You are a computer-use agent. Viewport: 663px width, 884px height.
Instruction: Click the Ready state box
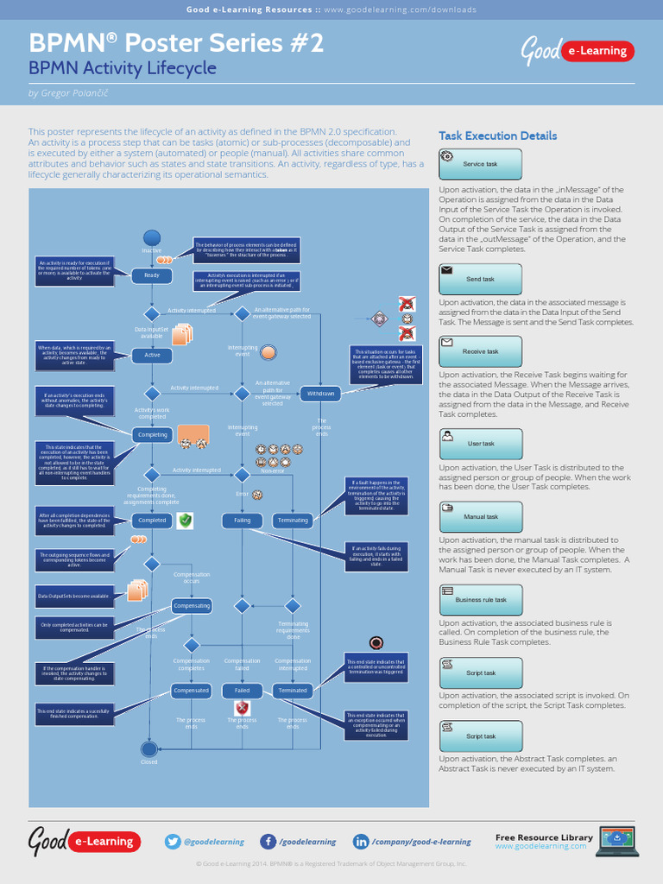point(152,275)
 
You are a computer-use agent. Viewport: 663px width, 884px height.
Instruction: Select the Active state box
point(152,355)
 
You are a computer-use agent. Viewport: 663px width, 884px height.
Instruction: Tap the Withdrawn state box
point(320,394)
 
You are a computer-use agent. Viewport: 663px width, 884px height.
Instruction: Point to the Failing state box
point(243,521)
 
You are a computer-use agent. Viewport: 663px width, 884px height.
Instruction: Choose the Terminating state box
point(293,521)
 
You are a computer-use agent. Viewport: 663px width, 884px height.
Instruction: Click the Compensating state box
point(191,606)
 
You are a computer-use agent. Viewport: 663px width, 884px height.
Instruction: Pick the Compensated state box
point(191,691)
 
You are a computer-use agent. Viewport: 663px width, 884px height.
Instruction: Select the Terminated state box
point(293,691)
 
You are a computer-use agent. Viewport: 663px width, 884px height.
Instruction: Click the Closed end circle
point(149,749)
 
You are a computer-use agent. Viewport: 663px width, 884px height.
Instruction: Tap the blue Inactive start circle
point(152,237)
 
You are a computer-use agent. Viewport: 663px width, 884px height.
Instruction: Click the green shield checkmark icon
point(185,521)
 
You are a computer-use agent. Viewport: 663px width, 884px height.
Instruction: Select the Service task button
point(480,164)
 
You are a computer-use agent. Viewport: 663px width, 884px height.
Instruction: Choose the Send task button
point(480,280)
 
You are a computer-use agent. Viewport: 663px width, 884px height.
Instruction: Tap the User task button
point(480,444)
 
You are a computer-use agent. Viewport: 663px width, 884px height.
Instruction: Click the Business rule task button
point(480,599)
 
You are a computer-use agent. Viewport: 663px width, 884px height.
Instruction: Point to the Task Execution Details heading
point(497,136)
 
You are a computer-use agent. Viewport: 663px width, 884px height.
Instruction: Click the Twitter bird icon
point(173,842)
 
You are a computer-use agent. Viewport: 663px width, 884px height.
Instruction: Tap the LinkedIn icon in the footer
point(361,842)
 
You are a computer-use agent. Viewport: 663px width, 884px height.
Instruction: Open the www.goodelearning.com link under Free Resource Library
point(540,847)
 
